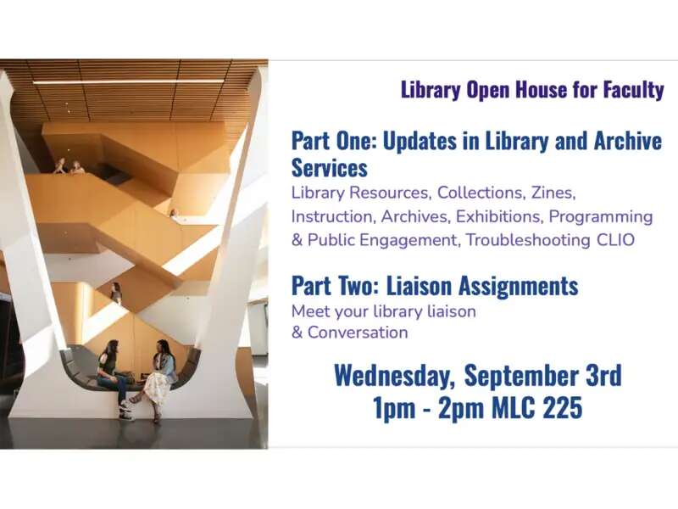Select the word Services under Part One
(330, 168)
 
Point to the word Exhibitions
(499, 216)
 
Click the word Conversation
(358, 333)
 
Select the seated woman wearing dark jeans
(114, 379)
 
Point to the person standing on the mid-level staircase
(116, 293)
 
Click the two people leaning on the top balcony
(69, 166)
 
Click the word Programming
(601, 217)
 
